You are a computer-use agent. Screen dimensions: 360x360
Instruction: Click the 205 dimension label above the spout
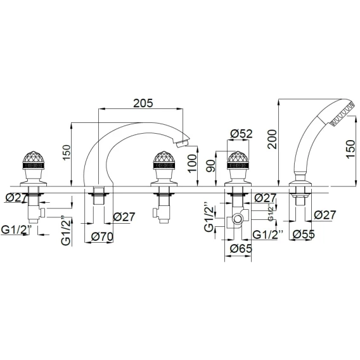[143, 103]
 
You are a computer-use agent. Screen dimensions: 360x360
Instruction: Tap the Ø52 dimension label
[241, 134]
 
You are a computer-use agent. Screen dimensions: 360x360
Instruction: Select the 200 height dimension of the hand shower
[273, 139]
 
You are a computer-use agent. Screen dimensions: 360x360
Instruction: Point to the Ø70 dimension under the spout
[102, 236]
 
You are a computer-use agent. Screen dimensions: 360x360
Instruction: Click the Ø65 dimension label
[241, 248]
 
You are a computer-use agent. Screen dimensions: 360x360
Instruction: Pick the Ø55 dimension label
[304, 234]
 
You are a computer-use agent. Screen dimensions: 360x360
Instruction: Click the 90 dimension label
[210, 166]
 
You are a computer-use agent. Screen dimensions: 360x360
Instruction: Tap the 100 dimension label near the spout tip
[192, 164]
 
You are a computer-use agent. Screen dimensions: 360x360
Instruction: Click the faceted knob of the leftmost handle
[34, 157]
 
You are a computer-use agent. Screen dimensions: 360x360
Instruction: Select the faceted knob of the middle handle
[164, 157]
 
